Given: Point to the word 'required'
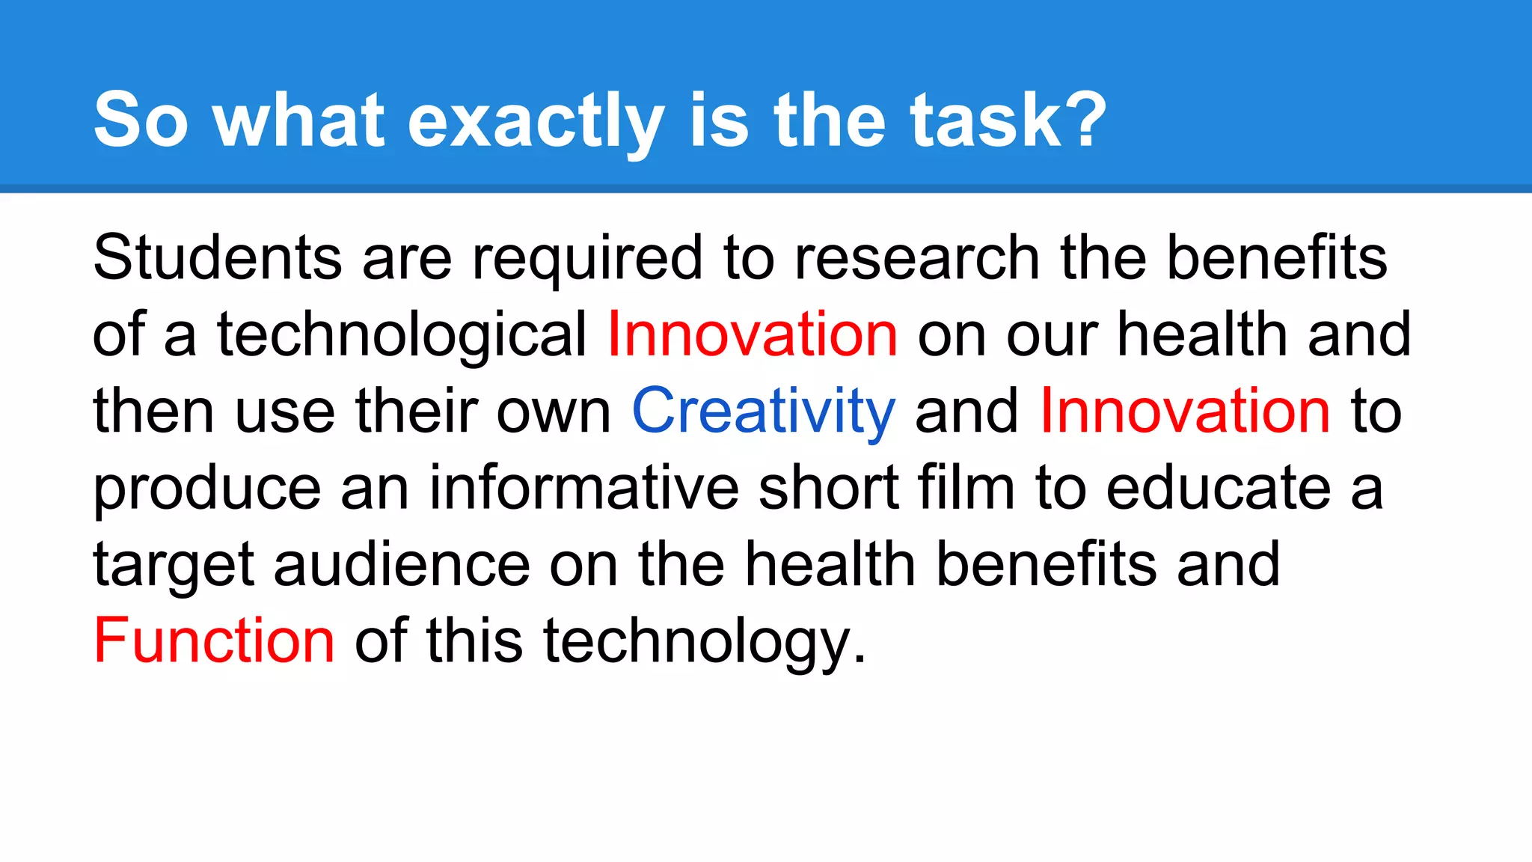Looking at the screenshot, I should coord(587,259).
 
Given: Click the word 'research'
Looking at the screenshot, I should coord(916,257).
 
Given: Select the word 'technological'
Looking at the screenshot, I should coord(402,335).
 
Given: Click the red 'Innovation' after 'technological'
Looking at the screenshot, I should coord(752,334).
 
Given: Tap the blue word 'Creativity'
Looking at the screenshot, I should coord(763,412).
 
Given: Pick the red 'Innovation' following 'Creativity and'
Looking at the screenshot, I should coord(1185,411).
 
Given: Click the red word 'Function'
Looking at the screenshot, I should coord(214,641).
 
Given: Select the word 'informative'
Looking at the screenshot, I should coord(583,488).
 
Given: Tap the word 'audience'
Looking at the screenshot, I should coord(402,564).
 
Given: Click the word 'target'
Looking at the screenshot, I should coord(174,566).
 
